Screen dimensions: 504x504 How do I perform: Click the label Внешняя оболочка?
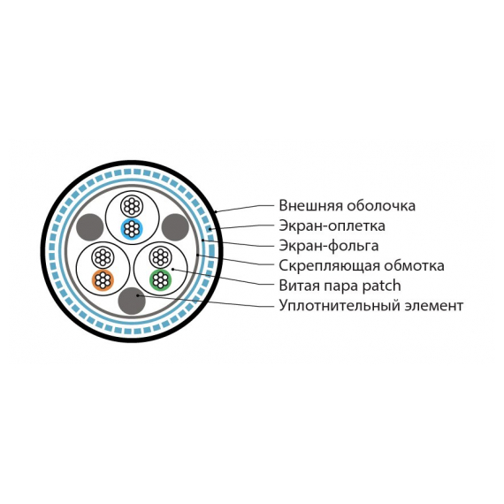pyautogui.click(x=347, y=206)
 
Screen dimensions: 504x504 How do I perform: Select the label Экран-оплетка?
pyautogui.click(x=332, y=225)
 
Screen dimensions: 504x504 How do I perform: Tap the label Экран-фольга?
pyautogui.click(x=329, y=246)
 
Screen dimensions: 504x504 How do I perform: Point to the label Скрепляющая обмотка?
pyautogui.click(x=362, y=266)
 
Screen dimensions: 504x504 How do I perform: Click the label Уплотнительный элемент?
pyautogui.click(x=371, y=306)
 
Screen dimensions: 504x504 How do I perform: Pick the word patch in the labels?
pyautogui.click(x=381, y=286)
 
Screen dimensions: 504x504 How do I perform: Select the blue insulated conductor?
pyautogui.click(x=132, y=228)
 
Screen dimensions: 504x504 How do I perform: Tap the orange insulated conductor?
pyautogui.click(x=103, y=279)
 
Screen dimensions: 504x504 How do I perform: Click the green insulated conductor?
pyautogui.click(x=160, y=279)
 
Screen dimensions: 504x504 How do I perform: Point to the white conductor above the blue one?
pyautogui.click(x=132, y=206)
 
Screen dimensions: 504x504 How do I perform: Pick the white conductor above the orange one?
pyautogui.click(x=103, y=257)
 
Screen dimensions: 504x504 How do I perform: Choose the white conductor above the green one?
pyautogui.click(x=160, y=257)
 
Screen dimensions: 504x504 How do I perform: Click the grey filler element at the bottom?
pyautogui.click(x=132, y=301)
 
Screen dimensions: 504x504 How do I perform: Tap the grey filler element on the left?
pyautogui.click(x=90, y=227)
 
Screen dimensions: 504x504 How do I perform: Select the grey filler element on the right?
pyautogui.click(x=174, y=227)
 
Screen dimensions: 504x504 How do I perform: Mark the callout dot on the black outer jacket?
pyautogui.click(x=216, y=212)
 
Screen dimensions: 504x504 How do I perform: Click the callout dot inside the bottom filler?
pyautogui.click(x=138, y=295)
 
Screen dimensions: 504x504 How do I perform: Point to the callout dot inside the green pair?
pyautogui.click(x=172, y=270)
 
